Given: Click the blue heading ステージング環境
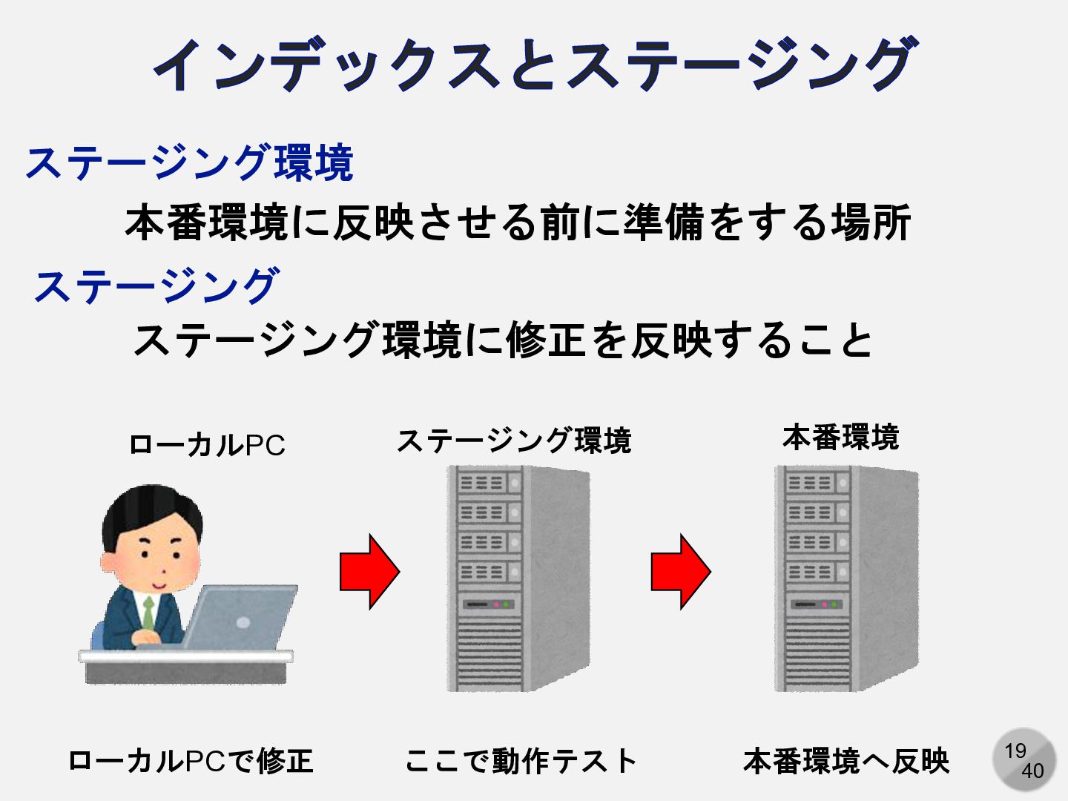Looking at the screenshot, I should [x=189, y=162].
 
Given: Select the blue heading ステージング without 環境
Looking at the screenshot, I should [x=156, y=286].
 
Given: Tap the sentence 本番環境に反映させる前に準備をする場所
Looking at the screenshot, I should [x=518, y=222].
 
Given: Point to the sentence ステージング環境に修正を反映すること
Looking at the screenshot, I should [x=503, y=340].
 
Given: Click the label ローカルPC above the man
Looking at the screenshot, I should [x=207, y=445].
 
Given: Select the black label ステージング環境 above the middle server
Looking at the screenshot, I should [x=513, y=441].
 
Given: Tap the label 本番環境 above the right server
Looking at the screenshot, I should [x=840, y=438].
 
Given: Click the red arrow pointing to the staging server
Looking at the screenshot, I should [x=369, y=572].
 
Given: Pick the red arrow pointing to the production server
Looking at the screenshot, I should [x=681, y=572].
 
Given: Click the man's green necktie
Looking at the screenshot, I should [x=149, y=613].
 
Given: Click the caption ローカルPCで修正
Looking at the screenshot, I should [x=190, y=761].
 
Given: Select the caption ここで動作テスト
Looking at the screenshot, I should [x=521, y=761].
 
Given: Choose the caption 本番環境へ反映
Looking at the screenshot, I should [x=846, y=761].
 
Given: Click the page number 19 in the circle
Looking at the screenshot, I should [x=1015, y=751].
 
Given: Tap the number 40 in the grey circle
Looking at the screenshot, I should [x=1032, y=771].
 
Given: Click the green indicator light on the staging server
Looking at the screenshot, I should [x=507, y=604].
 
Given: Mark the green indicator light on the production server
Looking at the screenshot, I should [x=835, y=604].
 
